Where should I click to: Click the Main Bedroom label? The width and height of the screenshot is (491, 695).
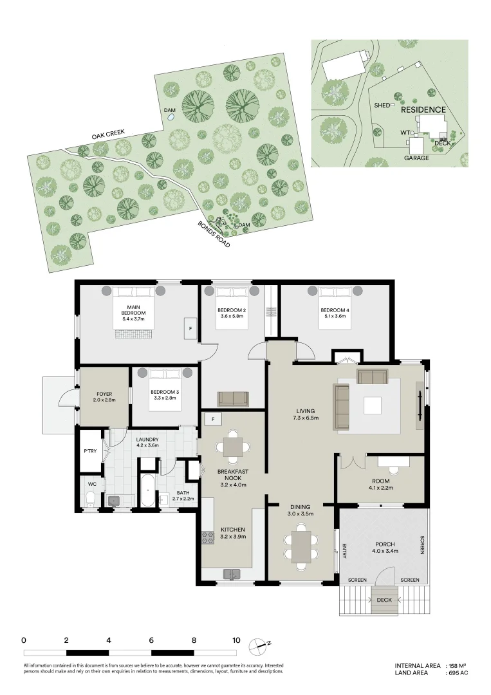coord(133,311)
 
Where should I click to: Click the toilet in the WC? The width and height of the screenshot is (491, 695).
coord(91,498)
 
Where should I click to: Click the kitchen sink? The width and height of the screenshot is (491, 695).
coord(230,574)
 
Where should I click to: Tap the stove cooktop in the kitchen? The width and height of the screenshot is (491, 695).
coord(208,537)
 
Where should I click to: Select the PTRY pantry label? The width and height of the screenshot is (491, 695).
coord(91,451)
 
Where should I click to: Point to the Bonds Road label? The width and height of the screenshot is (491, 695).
coord(213,236)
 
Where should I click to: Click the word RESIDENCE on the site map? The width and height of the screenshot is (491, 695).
coord(423,110)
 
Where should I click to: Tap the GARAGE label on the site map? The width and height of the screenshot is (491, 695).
coord(416,158)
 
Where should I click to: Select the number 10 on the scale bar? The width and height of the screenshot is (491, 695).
coord(236,641)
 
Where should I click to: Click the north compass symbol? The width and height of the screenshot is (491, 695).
coord(260,644)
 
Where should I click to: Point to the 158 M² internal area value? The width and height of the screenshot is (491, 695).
coord(458,665)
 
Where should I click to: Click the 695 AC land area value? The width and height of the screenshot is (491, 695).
coord(458,673)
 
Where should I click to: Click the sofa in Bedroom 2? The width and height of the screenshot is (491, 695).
coord(233,399)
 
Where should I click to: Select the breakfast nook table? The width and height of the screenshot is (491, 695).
coord(232,446)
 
